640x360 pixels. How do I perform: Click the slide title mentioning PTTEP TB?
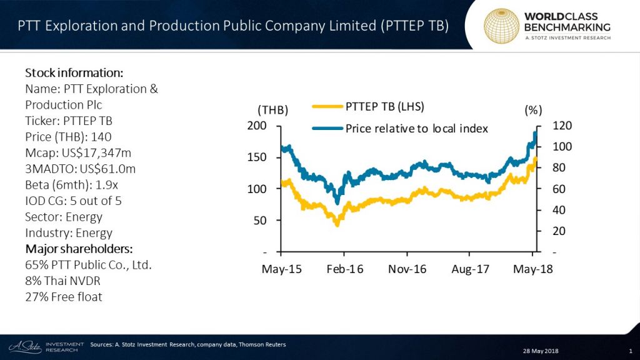(232, 26)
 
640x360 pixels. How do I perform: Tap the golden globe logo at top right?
(502, 26)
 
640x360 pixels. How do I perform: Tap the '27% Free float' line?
(64, 297)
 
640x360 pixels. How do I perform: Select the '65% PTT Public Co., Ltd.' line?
(88, 265)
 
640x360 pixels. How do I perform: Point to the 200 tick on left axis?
(257, 126)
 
